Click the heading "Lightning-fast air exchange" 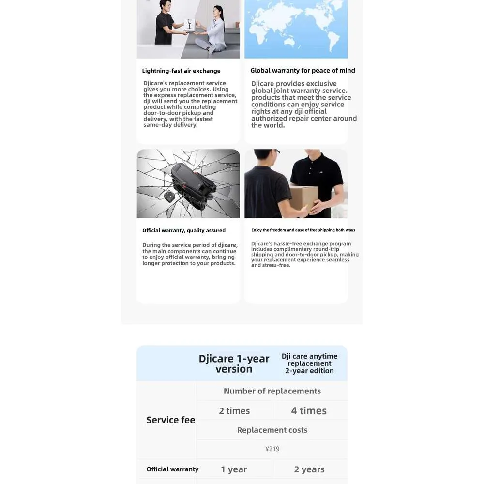point(181,71)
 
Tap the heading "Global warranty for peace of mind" point(302,70)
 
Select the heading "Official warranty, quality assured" point(184,230)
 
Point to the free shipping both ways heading point(303,230)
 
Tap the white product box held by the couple point(189,25)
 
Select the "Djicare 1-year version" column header point(234,363)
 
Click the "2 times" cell point(234,411)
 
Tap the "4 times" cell point(309,411)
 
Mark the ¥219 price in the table point(272,449)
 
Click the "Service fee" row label point(171,420)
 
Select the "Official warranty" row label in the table point(172,469)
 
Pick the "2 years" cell point(309,469)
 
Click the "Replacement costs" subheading point(272,430)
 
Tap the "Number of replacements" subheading point(272,391)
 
